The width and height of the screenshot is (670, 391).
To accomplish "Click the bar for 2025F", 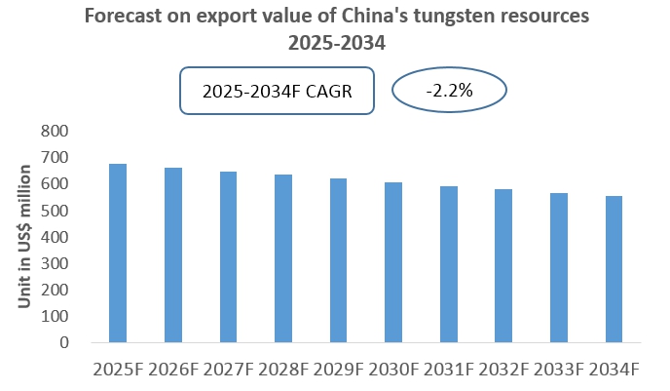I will coord(118,254).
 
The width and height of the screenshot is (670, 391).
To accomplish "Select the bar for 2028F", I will coord(282,258).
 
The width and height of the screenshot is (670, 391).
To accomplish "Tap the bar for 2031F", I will coord(448,264).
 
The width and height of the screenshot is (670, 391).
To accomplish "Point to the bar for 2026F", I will coord(172,255).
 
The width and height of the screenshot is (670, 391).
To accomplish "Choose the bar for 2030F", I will coord(392,262).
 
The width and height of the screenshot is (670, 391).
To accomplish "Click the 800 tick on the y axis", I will coord(57,131).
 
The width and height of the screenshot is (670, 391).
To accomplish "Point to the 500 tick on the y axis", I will coord(57,211).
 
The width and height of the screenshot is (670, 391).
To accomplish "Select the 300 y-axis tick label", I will coord(57,263).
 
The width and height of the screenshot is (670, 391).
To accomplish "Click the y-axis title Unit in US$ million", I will coord(25,237).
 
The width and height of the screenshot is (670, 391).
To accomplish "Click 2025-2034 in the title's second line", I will coord(335,43).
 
